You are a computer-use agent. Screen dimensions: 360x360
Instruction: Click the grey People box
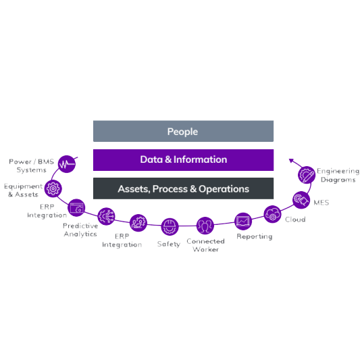183,131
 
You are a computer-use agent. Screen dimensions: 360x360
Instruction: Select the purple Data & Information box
183,160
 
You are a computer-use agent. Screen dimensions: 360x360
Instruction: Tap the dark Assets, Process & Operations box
183,188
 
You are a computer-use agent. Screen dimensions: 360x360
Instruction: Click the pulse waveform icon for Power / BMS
67,164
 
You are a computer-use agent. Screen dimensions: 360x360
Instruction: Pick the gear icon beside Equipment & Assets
53,188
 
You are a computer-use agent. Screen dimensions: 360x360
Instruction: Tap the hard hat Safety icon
170,227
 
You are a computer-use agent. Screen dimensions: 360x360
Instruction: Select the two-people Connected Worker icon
205,226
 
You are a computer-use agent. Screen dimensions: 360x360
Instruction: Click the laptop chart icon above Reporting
243,222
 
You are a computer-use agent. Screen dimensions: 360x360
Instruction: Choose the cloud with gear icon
272,214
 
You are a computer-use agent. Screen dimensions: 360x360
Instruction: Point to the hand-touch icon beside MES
301,200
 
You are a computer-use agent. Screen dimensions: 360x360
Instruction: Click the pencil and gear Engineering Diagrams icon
307,175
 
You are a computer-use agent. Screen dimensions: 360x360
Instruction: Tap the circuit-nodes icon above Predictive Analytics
106,216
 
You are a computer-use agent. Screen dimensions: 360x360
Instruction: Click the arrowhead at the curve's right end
291,160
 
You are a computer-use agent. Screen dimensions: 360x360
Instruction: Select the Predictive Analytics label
80,230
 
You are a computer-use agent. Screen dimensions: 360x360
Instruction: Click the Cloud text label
295,220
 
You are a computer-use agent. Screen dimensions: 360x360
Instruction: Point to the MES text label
322,203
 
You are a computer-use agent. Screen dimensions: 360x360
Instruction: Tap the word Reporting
255,236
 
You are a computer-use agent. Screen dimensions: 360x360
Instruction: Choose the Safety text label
169,244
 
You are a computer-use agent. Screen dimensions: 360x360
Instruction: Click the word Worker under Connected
206,249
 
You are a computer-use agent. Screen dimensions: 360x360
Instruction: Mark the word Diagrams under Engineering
338,180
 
